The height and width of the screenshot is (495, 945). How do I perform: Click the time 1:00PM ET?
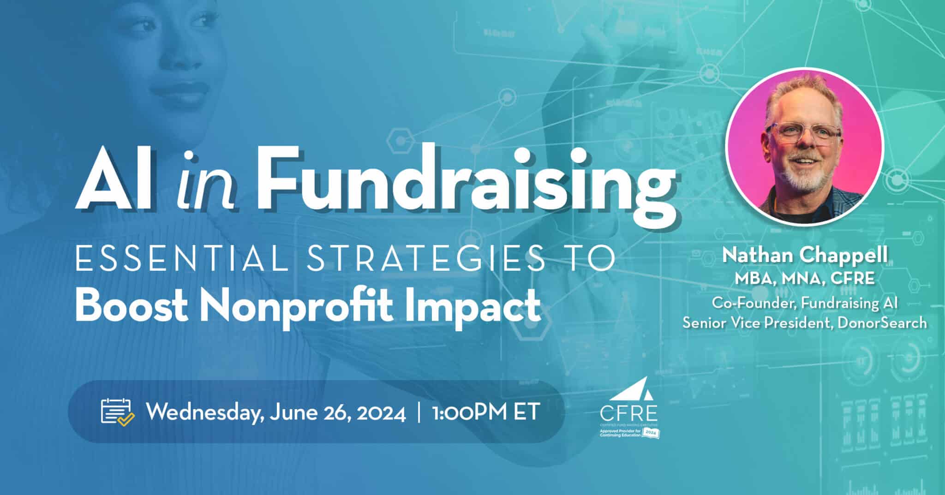click(x=486, y=412)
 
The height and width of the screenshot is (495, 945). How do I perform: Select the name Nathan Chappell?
click(x=805, y=256)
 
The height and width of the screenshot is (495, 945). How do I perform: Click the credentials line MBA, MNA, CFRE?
click(x=805, y=279)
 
